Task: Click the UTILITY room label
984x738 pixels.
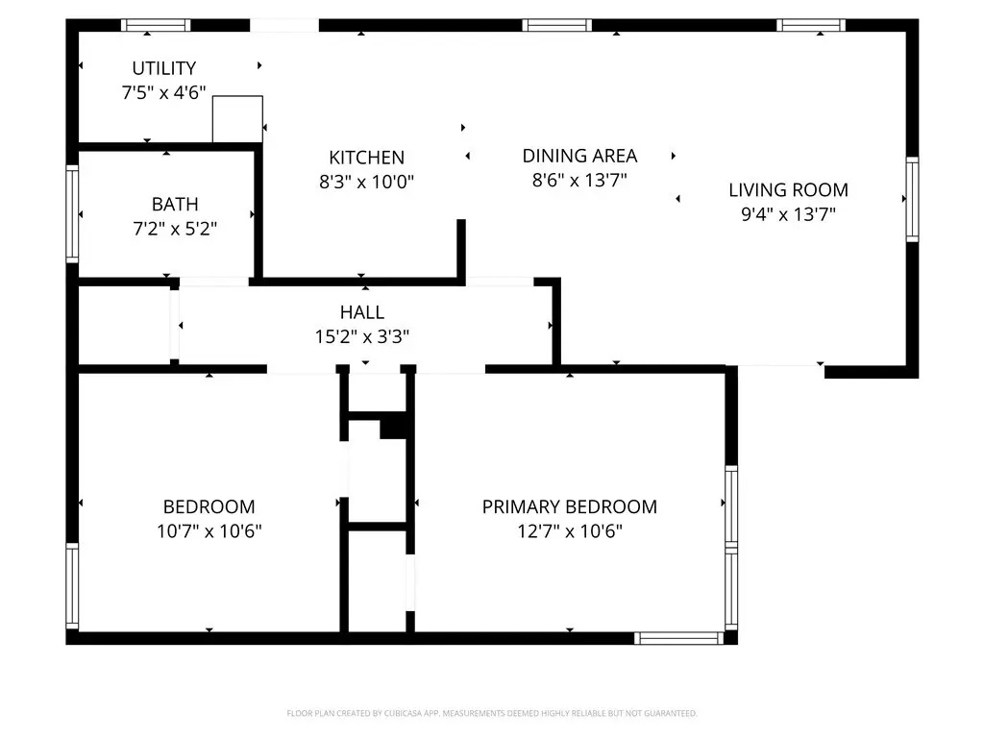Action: click(163, 68)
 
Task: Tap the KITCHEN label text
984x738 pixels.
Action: click(366, 157)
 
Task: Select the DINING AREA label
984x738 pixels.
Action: click(579, 156)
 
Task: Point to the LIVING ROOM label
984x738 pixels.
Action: click(788, 189)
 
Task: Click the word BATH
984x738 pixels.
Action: click(175, 204)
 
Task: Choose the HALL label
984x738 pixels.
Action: click(362, 312)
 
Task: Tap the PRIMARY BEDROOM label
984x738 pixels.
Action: click(569, 506)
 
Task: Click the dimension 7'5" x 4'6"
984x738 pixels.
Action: click(163, 93)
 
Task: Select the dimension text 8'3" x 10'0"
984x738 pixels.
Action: click(366, 182)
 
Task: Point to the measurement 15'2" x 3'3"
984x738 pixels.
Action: click(362, 337)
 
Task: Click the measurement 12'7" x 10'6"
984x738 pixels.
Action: click(569, 531)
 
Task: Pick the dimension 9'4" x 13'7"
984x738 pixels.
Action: click(788, 214)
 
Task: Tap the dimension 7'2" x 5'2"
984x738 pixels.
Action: click(175, 229)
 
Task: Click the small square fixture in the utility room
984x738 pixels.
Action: click(238, 119)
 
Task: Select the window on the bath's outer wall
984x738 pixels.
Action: click(72, 214)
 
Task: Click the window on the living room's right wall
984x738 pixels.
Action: click(913, 199)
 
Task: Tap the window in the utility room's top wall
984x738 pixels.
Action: click(156, 25)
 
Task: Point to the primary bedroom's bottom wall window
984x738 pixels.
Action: click(679, 638)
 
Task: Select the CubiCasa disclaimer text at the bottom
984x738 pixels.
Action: click(492, 713)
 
